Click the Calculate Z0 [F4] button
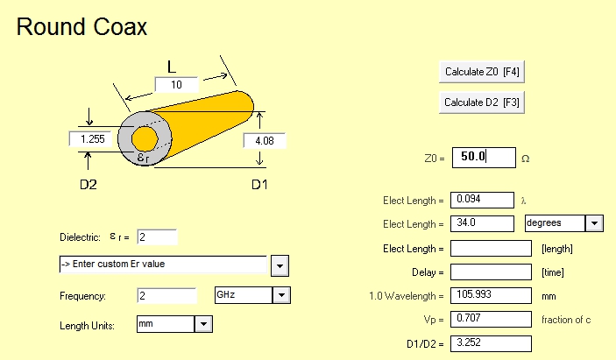482,72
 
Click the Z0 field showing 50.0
484,158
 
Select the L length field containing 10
176,84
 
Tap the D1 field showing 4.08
265,140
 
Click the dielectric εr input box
157,237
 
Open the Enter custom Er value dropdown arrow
280,265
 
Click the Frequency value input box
166,295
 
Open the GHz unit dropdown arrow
281,295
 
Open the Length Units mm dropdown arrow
203,324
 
